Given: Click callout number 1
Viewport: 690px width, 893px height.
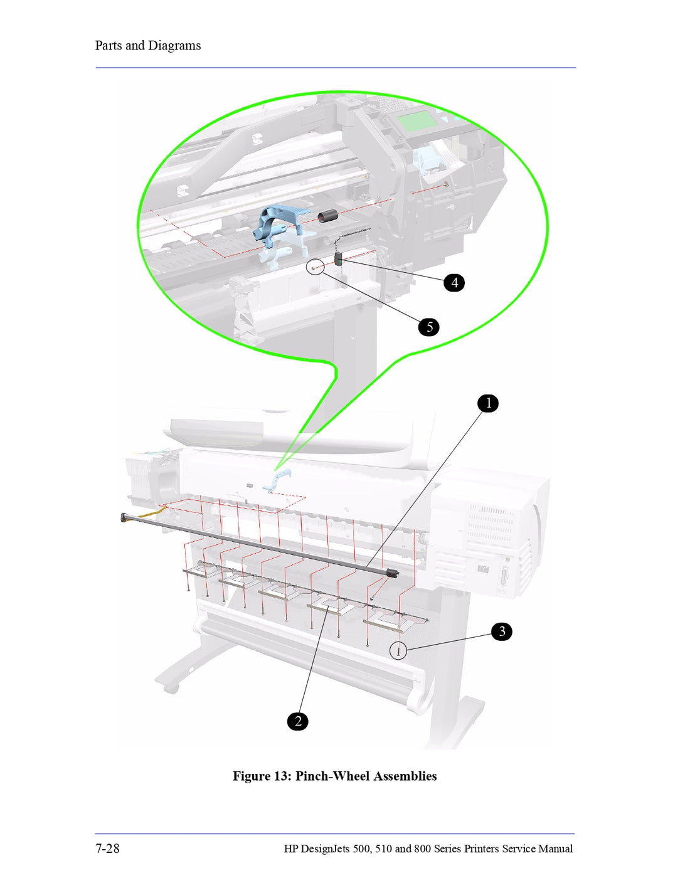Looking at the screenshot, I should click(x=488, y=403).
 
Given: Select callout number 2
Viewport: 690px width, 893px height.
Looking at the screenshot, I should click(x=298, y=721).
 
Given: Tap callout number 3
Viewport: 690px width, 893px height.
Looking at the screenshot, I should click(x=502, y=631).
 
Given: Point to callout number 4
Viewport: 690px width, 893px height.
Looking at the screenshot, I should click(x=454, y=283).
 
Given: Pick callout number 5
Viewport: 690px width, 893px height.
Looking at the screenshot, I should click(x=429, y=327).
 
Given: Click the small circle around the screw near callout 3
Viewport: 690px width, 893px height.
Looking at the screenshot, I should click(x=398, y=651).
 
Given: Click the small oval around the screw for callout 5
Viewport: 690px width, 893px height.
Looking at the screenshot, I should click(x=316, y=268).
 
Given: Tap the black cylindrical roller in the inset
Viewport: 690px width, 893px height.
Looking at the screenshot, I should click(x=327, y=216).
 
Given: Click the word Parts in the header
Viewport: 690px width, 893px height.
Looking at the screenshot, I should click(x=109, y=46).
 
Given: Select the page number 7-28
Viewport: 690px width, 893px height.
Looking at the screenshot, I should click(x=107, y=848).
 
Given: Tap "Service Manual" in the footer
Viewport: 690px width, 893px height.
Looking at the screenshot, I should click(x=538, y=849).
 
